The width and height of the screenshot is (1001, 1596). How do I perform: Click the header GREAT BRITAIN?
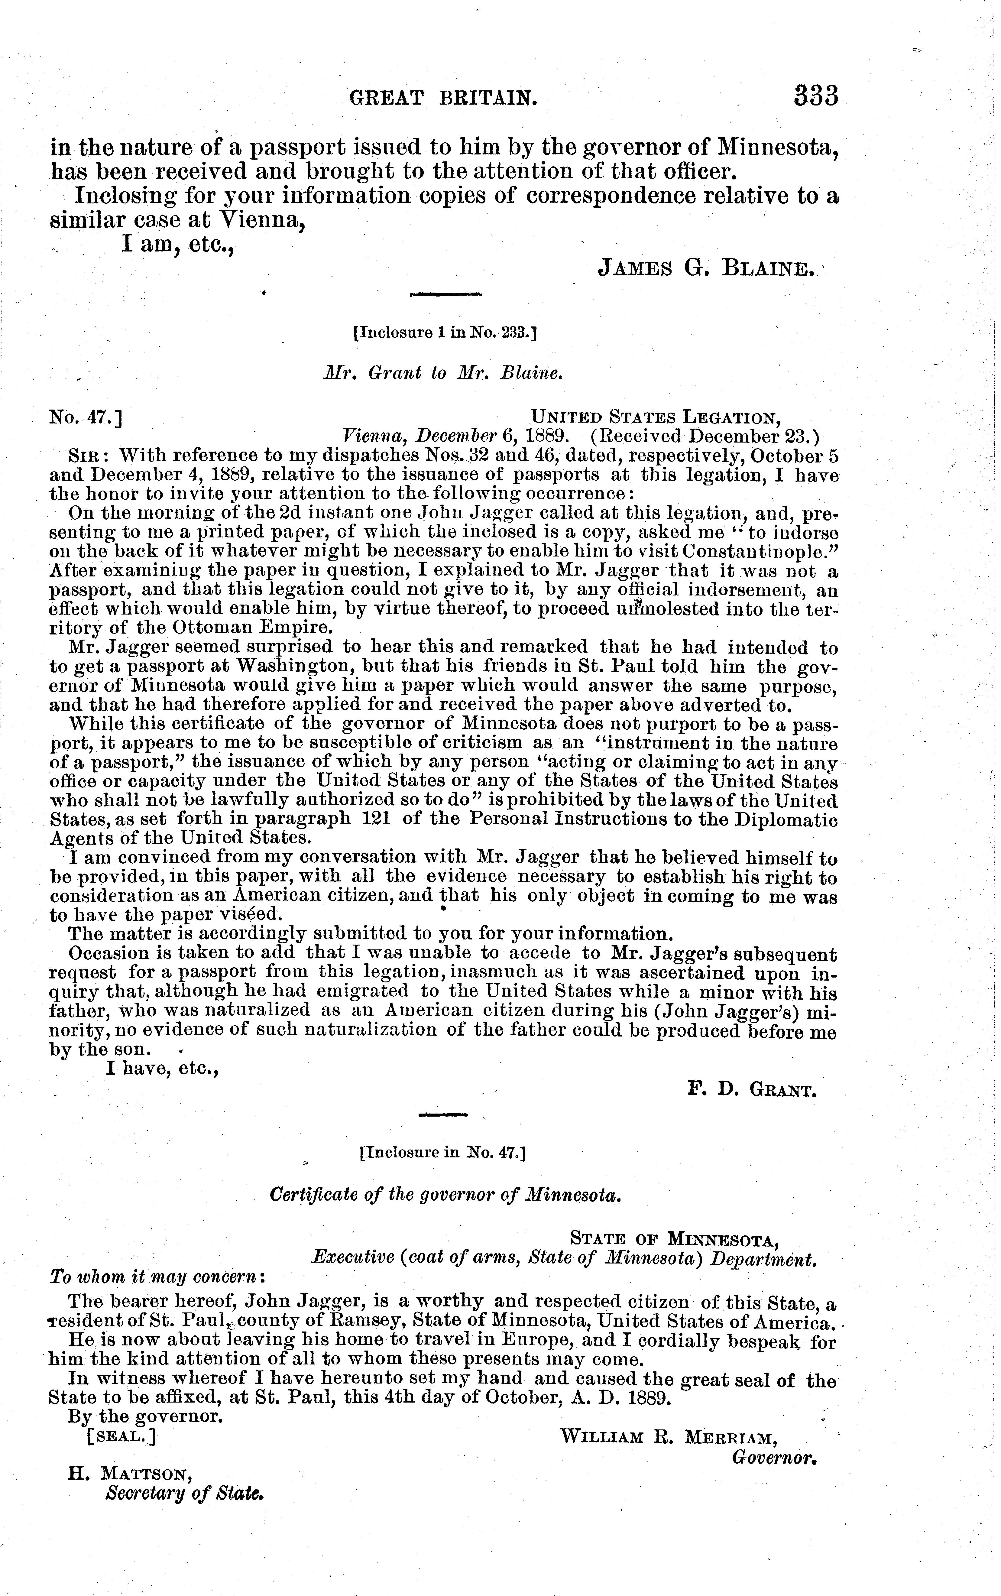(x=443, y=99)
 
